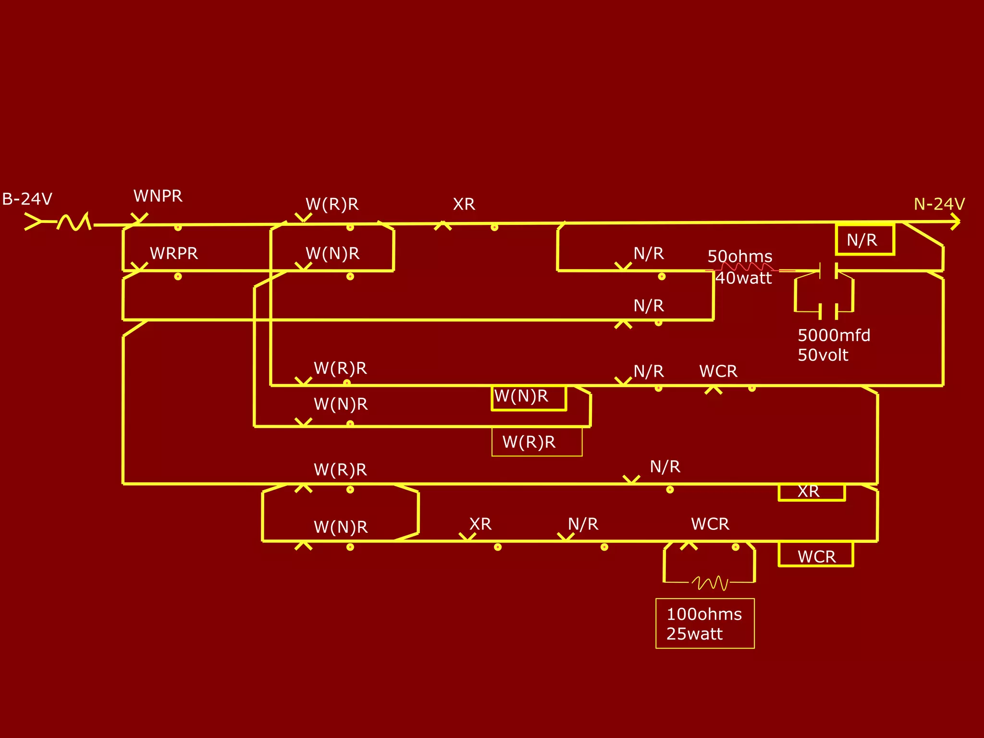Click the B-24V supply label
(x=27, y=199)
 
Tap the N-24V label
(x=939, y=204)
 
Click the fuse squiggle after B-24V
(x=74, y=222)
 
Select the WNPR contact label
(x=158, y=196)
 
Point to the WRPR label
(x=173, y=253)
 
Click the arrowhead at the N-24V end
(x=955, y=222)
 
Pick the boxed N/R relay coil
(x=865, y=239)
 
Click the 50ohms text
(x=739, y=256)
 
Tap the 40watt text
(x=743, y=278)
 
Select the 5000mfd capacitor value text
(x=834, y=335)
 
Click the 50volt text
(x=823, y=355)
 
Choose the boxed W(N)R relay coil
(x=528, y=397)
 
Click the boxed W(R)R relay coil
(x=536, y=442)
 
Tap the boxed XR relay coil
(x=811, y=492)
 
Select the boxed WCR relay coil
(x=815, y=555)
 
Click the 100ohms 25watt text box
(x=704, y=623)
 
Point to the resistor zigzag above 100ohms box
(x=710, y=583)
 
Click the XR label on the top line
(x=464, y=204)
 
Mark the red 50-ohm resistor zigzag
(x=747, y=267)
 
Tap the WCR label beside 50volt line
(x=718, y=371)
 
